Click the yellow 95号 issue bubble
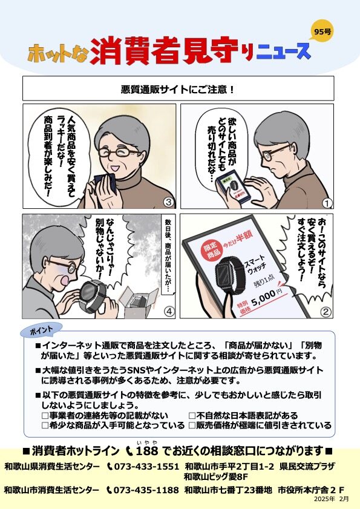click(322, 31)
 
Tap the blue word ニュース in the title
click(283, 52)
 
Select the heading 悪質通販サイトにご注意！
click(178, 89)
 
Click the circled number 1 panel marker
click(327, 203)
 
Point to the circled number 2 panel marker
click(326, 312)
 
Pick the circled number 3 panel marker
click(168, 202)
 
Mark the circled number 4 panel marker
click(169, 311)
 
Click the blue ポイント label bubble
click(41, 330)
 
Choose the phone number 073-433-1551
click(146, 467)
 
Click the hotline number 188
click(147, 450)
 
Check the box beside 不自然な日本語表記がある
click(192, 415)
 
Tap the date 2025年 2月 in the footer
click(331, 499)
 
